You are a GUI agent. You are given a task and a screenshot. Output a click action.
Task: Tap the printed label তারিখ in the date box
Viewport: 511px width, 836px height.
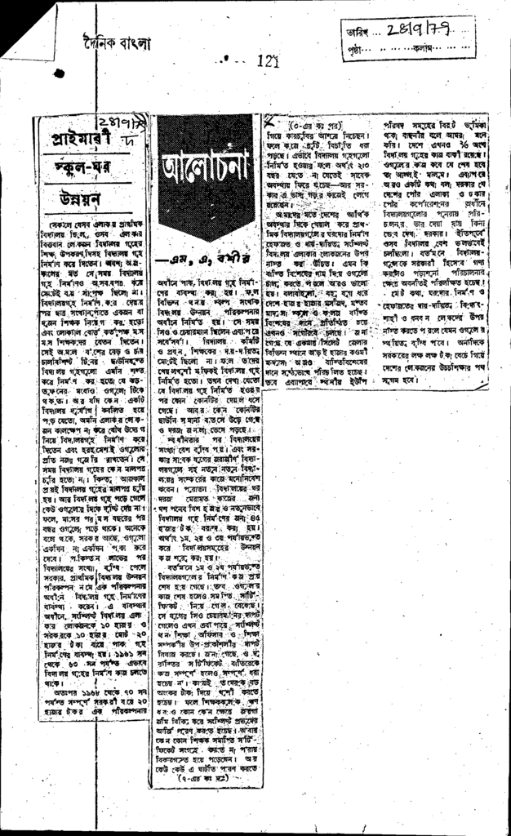pos(358,33)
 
